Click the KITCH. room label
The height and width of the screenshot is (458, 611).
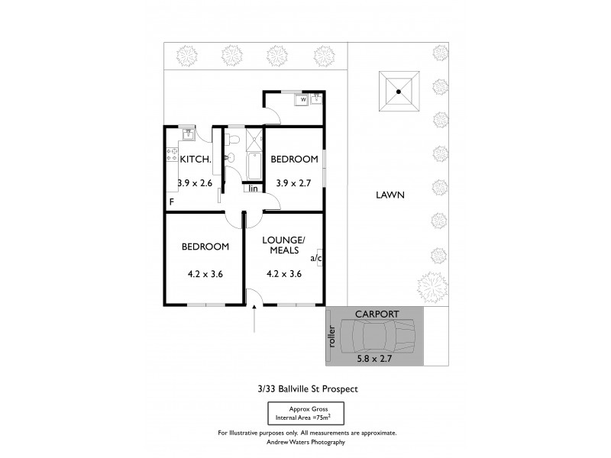[195, 159]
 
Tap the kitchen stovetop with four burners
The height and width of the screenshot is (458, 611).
[171, 157]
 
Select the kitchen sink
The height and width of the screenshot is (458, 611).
[188, 135]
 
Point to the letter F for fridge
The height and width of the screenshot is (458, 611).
[172, 202]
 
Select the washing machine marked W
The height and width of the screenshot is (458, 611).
[302, 99]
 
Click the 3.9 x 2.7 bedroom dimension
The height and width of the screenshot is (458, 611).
[294, 183]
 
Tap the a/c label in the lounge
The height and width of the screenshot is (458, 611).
[315, 258]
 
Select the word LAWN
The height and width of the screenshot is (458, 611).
[390, 195]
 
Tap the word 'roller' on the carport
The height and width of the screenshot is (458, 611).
[331, 337]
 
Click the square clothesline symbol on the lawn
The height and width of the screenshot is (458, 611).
[399, 92]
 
